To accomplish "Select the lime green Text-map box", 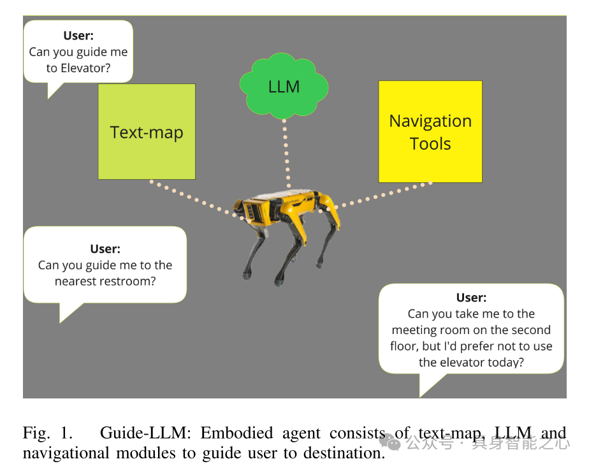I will (147, 132).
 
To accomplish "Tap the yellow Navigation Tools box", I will (430, 132).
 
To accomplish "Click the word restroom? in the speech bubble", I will (128, 280).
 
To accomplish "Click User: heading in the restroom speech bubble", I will (105, 249).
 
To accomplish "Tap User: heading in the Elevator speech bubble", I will (78, 36).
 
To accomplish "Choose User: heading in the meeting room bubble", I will (471, 298).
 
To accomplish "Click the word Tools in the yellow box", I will (430, 143).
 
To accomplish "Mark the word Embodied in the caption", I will (231, 433).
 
